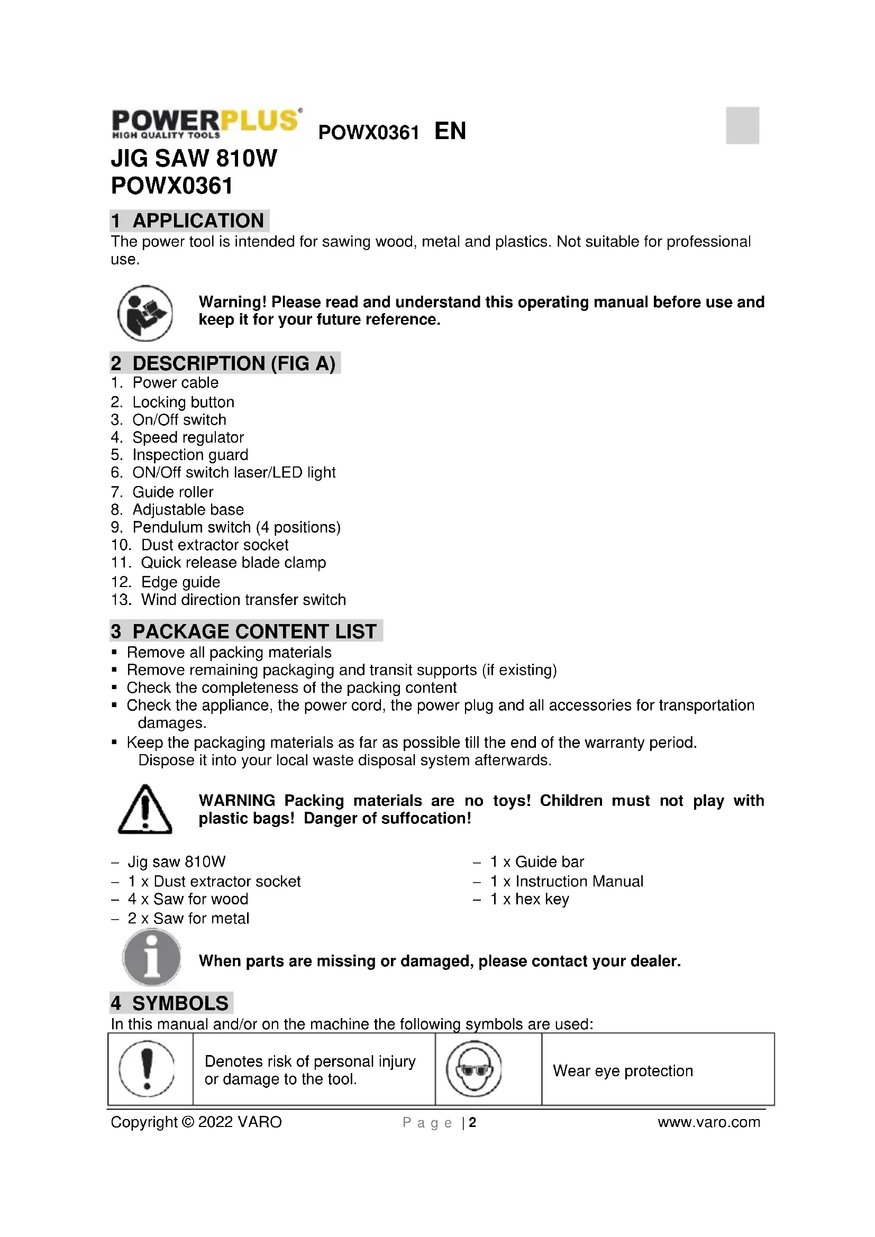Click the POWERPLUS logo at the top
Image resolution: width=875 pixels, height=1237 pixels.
click(x=206, y=123)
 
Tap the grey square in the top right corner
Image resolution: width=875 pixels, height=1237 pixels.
click(x=742, y=125)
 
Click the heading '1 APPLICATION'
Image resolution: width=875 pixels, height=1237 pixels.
click(x=188, y=221)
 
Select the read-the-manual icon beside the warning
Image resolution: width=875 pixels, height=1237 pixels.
click(x=145, y=313)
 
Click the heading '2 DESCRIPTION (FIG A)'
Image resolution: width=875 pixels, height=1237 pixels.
click(x=224, y=363)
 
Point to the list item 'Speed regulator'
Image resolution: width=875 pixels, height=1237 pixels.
click(x=187, y=437)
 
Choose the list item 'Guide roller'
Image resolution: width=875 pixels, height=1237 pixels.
click(x=172, y=492)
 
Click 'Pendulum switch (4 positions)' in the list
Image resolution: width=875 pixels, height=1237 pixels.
click(x=236, y=527)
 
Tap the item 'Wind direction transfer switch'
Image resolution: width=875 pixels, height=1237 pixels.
click(x=243, y=600)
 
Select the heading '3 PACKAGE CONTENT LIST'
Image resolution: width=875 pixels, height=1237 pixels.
click(x=245, y=631)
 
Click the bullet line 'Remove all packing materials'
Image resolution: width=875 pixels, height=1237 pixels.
click(x=229, y=653)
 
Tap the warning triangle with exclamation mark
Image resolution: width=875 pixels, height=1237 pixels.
click(x=144, y=810)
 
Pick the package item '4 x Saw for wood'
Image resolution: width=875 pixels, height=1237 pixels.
click(x=187, y=899)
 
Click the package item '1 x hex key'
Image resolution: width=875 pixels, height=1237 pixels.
click(x=529, y=899)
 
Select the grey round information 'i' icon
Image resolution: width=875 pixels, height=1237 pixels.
click(x=151, y=957)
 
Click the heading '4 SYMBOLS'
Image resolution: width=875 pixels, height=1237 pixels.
click(x=171, y=1003)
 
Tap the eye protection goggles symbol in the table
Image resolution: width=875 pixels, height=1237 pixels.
click(x=474, y=1069)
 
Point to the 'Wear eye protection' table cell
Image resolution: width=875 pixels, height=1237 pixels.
click(x=623, y=1070)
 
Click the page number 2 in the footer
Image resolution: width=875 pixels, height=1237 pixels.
click(x=472, y=1122)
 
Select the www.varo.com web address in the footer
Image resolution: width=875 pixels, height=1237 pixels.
click(x=708, y=1122)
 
